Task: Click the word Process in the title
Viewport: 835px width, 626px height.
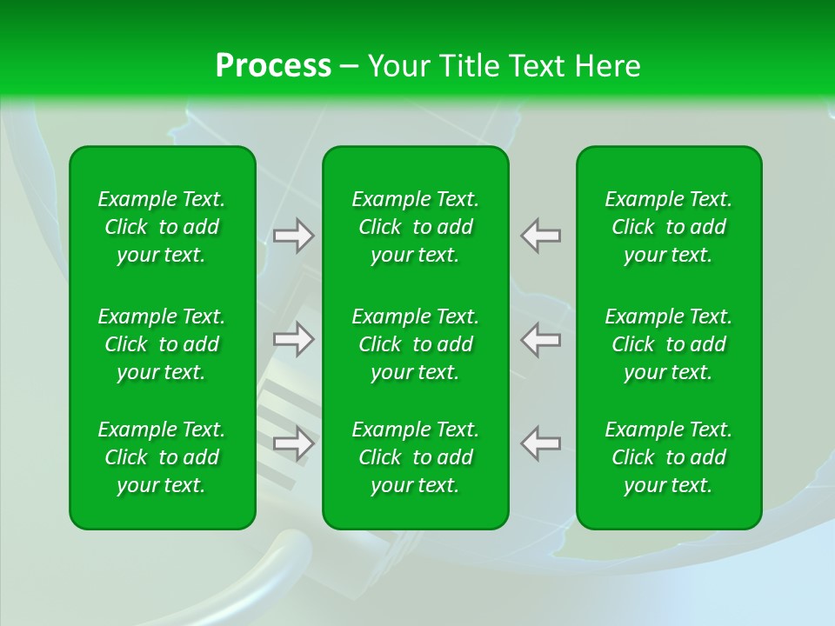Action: [273, 66]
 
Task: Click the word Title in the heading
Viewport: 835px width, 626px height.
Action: [468, 66]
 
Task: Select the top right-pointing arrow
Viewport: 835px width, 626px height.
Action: [294, 236]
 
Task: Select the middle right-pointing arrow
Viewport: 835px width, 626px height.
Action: [294, 339]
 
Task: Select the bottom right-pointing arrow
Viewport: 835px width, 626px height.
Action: [294, 443]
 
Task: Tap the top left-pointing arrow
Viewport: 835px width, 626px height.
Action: [540, 236]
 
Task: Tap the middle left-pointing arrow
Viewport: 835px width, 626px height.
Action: [540, 339]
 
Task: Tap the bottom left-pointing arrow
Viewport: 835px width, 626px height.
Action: [540, 443]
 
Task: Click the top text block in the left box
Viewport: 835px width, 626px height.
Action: [162, 227]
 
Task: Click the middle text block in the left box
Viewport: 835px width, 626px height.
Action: [162, 344]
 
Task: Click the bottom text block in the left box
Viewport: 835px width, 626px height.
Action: [162, 457]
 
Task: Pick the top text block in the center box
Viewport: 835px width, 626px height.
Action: [416, 227]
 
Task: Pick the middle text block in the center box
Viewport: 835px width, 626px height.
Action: [416, 344]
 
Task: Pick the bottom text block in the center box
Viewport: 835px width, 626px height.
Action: [416, 457]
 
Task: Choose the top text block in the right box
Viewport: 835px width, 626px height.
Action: [669, 227]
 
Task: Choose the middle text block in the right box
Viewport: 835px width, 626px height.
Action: [669, 344]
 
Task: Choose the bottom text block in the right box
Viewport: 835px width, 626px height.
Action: [669, 457]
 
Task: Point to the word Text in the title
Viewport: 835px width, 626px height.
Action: [537, 66]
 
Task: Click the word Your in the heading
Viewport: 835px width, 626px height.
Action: [397, 66]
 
